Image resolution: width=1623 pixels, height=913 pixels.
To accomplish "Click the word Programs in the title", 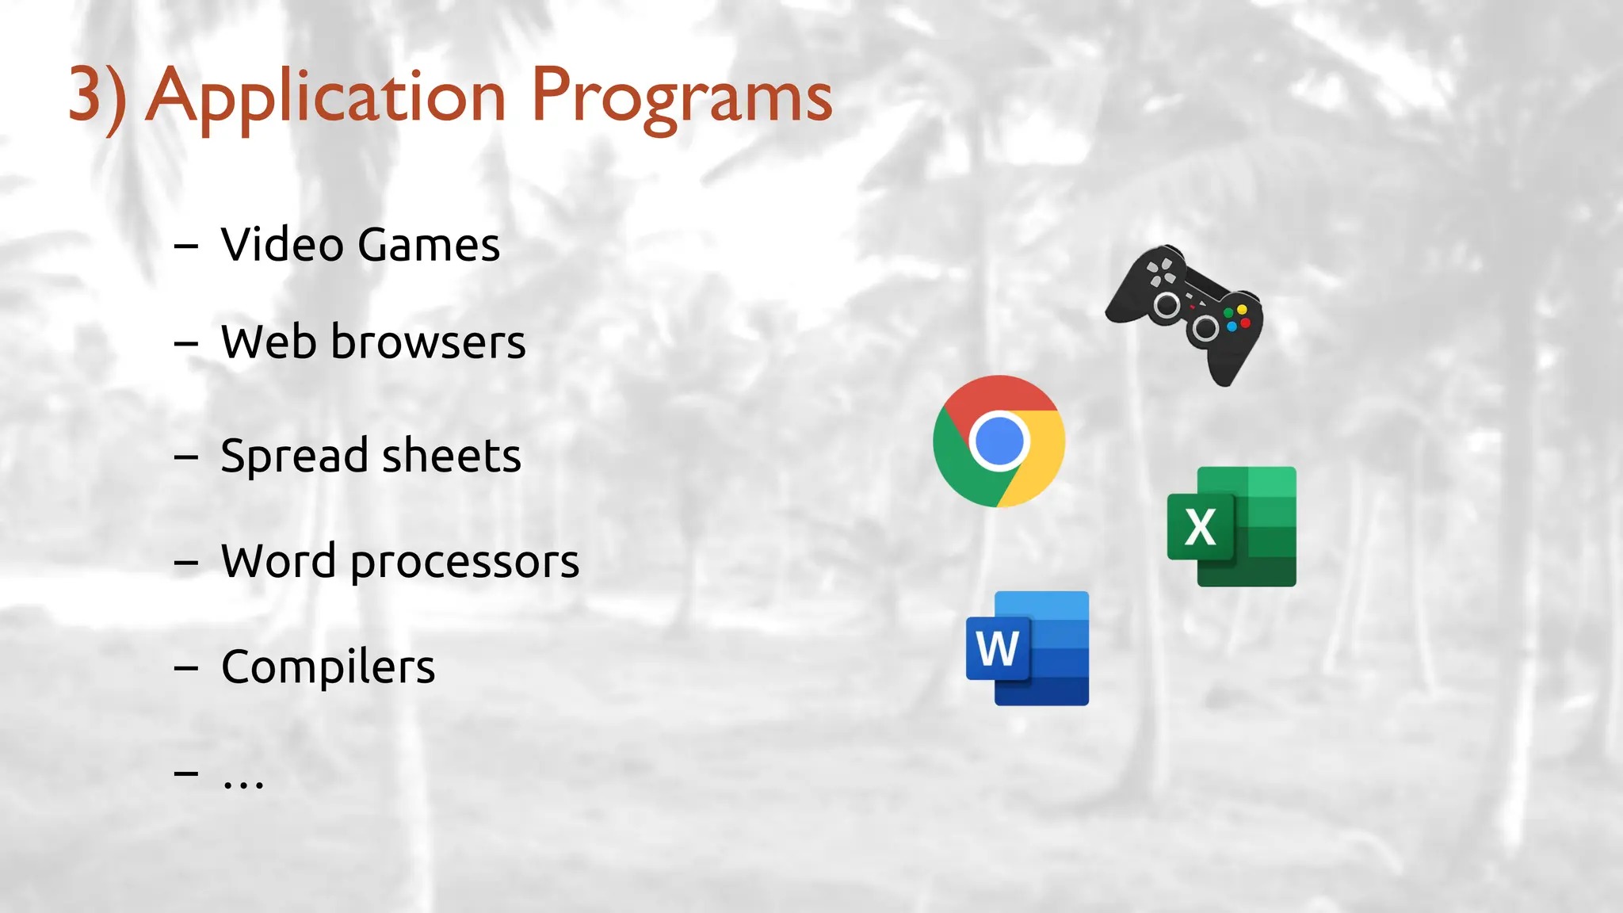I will [x=682, y=97].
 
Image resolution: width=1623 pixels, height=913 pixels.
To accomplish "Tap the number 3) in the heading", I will [x=97, y=97].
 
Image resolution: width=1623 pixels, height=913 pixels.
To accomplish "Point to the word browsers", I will [x=428, y=342].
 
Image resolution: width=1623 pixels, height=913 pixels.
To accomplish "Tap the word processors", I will [x=464, y=563].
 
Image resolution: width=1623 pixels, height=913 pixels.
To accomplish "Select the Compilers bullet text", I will [x=328, y=667].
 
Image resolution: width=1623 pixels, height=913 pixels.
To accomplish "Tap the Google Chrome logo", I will [x=999, y=441].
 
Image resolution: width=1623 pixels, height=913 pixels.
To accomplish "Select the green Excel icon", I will [x=1232, y=526].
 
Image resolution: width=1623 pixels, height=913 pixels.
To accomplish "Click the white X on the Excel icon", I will [x=1200, y=527].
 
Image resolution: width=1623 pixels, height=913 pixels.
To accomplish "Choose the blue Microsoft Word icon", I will [x=1027, y=648].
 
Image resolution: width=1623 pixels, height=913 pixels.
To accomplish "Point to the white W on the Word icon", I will [x=997, y=648].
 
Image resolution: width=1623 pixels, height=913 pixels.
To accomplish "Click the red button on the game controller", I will [x=1245, y=323].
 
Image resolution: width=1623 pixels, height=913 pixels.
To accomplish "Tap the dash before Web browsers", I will [x=185, y=343].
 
